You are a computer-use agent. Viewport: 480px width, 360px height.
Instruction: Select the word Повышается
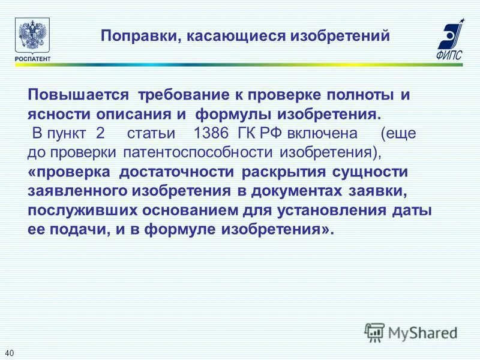(79, 95)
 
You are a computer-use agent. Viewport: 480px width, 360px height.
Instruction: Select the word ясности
(59, 114)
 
